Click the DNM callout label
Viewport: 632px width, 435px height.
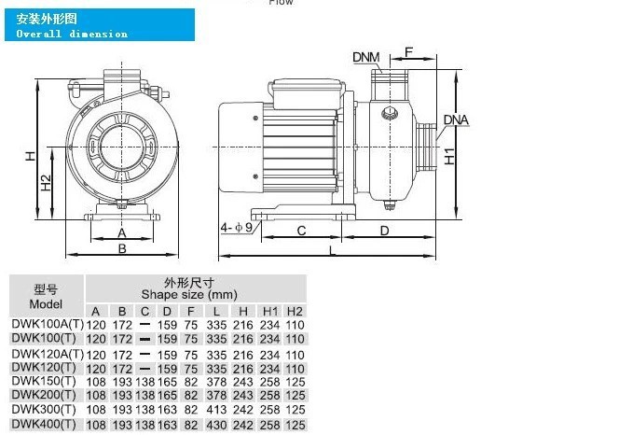(366, 57)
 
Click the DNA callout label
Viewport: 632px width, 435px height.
(456, 119)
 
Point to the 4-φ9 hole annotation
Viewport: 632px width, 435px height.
(236, 228)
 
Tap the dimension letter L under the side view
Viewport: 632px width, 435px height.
(332, 250)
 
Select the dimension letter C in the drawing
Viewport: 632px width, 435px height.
(301, 231)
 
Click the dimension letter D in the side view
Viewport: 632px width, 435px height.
(385, 231)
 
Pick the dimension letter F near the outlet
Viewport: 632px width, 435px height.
(408, 52)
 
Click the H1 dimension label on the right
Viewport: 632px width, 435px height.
(449, 156)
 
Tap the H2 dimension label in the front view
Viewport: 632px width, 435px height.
(46, 182)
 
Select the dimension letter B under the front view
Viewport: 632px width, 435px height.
(122, 249)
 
